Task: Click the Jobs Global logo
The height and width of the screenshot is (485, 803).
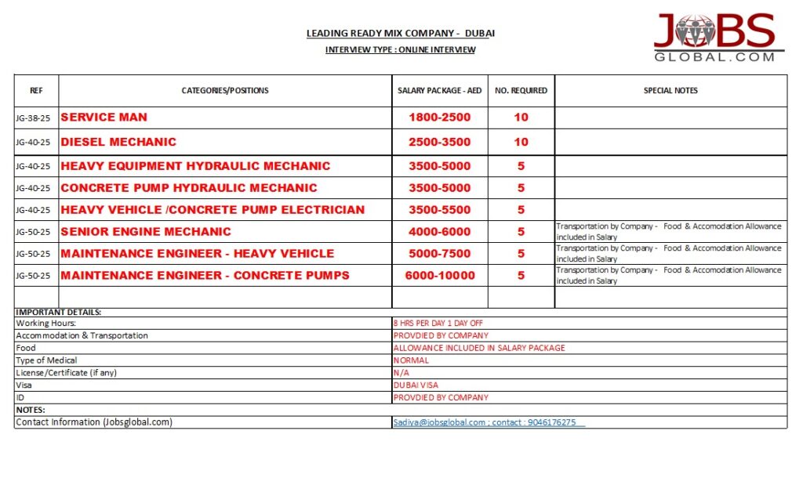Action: (714, 37)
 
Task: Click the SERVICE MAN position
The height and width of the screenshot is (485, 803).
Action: (104, 118)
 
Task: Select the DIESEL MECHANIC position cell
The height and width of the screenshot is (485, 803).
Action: (118, 142)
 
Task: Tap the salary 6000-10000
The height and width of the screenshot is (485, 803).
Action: (440, 276)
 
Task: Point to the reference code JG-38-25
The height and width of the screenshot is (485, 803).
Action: (33, 118)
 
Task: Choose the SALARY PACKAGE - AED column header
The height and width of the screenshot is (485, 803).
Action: (439, 91)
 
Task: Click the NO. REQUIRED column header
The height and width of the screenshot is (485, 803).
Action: (521, 91)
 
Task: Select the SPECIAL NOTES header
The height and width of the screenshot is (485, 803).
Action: (670, 91)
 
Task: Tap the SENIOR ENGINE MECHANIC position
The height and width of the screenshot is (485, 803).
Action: (146, 232)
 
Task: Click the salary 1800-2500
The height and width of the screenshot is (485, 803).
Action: (440, 118)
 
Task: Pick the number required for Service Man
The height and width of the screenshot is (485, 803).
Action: (521, 118)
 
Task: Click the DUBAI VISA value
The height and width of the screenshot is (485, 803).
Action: (416, 385)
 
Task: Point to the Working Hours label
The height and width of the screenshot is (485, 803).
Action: (46, 323)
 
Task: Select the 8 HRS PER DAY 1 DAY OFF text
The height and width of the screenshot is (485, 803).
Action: (438, 323)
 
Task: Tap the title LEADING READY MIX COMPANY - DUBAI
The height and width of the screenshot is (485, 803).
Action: (401, 34)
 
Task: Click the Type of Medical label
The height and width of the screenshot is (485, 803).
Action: (47, 360)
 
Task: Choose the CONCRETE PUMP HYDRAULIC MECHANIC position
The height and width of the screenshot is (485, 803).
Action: (189, 188)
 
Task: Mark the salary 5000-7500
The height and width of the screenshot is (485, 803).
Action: (440, 254)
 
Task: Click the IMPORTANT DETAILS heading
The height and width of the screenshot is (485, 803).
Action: (59, 313)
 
